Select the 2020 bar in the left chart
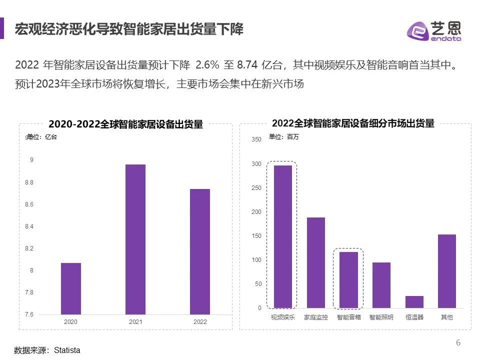click(70, 288)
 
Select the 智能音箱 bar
click(348, 279)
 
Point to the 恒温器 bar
click(414, 301)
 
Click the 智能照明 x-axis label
click(381, 317)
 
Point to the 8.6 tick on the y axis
click(28, 204)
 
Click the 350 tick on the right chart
click(256, 139)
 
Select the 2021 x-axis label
click(135, 322)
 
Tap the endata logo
click(433, 31)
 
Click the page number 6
click(458, 342)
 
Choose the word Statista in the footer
click(67, 350)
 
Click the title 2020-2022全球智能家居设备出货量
click(125, 124)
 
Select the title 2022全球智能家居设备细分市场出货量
click(353, 123)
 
